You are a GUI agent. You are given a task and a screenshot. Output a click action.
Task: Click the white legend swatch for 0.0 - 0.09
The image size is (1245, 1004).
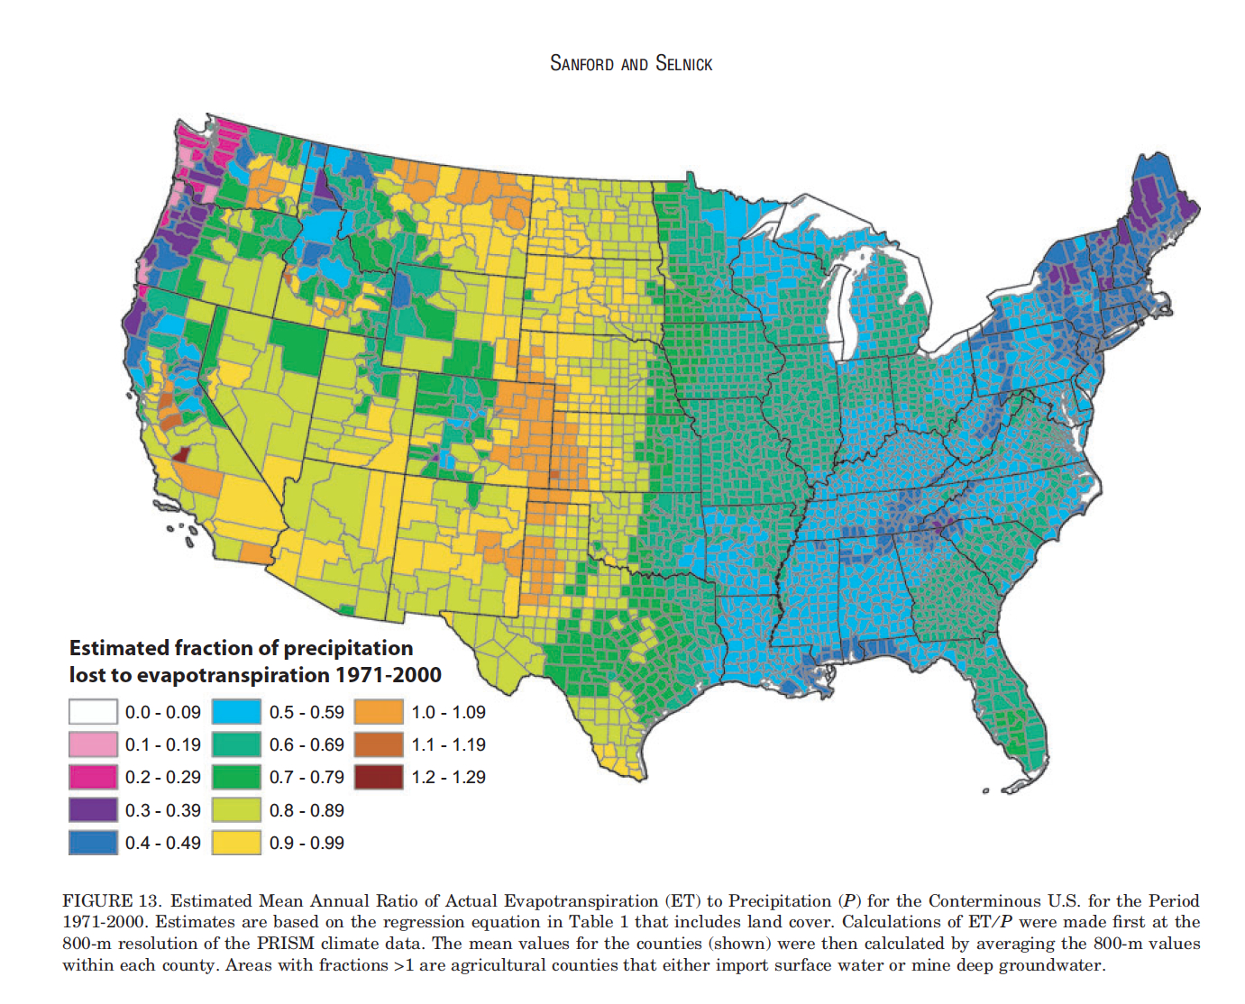93,712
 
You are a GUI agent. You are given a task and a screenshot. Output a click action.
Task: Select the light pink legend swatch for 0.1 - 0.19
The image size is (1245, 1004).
93,744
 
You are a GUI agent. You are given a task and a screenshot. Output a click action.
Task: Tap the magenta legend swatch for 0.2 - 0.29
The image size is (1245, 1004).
93,777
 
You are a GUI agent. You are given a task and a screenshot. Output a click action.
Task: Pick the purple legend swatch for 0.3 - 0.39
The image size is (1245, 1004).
93,810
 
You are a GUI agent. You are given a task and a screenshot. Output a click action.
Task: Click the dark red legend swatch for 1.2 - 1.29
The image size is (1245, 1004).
379,777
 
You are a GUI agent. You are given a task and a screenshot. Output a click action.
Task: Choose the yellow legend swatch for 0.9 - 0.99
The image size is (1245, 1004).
237,843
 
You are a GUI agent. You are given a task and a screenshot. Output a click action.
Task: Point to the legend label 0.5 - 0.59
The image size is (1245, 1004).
307,712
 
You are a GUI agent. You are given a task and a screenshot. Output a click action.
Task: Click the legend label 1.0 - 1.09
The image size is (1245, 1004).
448,712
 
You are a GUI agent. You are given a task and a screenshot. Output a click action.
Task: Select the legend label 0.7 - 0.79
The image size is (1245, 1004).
307,777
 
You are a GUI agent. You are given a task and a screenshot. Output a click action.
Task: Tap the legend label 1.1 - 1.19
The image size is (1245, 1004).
448,744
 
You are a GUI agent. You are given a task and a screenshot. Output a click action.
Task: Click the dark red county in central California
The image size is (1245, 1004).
180,454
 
